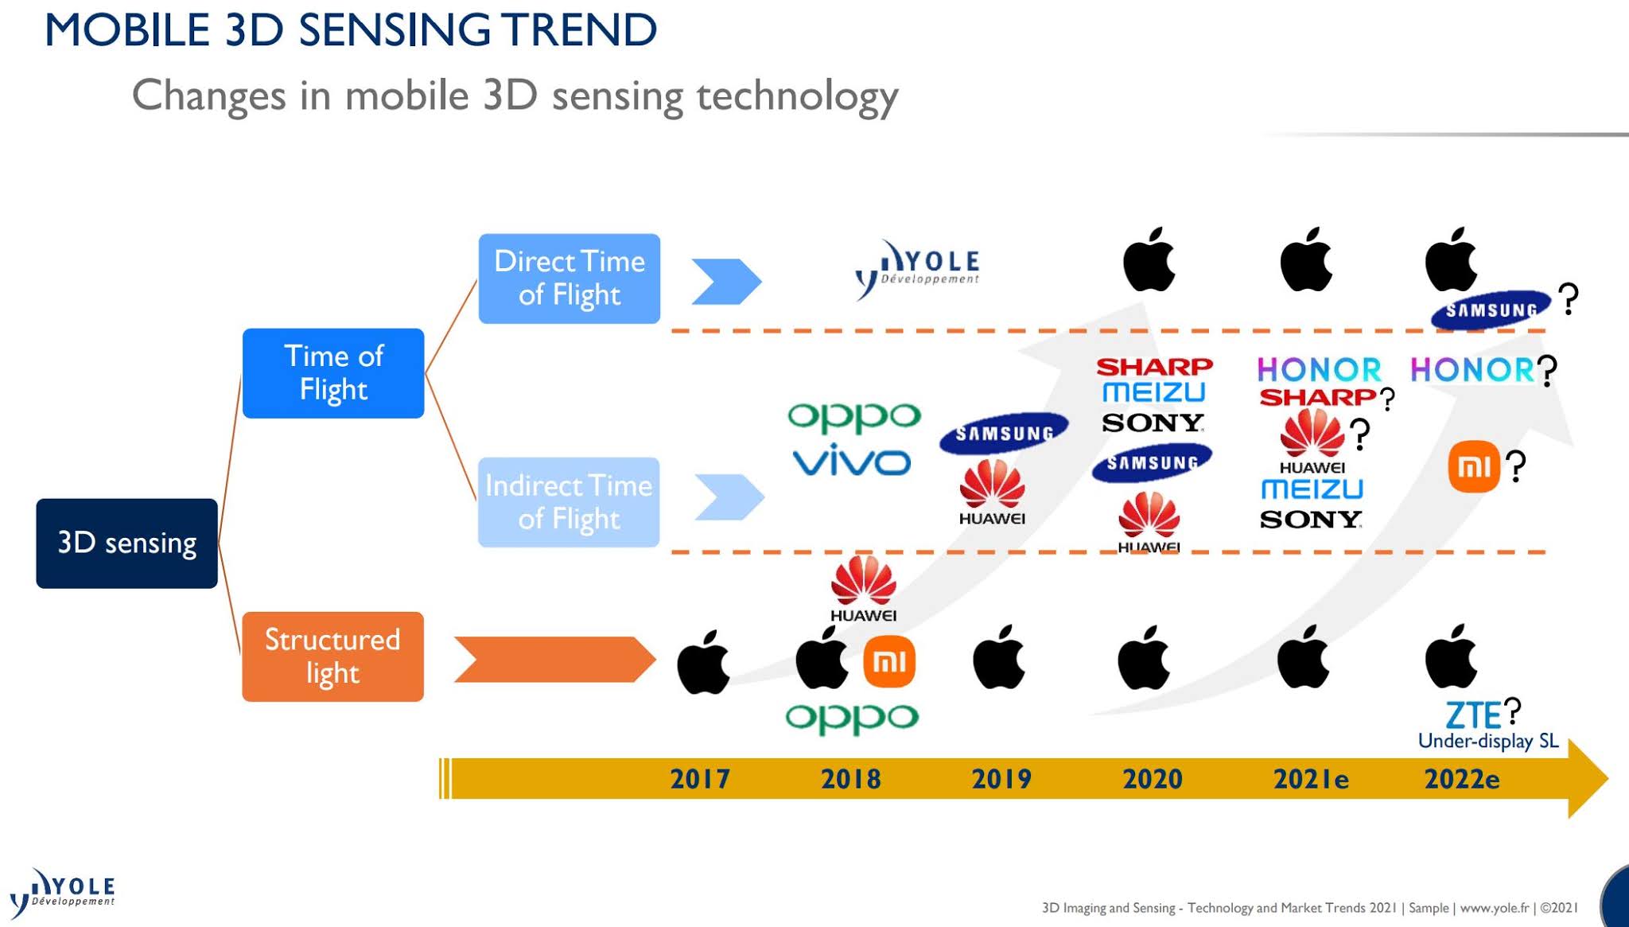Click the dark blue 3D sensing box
click(x=126, y=543)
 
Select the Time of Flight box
click(x=333, y=373)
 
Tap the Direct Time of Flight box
click(x=570, y=278)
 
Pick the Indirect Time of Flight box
click(x=569, y=502)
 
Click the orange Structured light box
click(x=332, y=656)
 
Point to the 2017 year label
click(x=700, y=778)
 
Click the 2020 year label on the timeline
click(x=1153, y=778)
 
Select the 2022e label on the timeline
click(x=1462, y=778)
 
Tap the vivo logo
click(x=852, y=461)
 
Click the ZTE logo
click(x=1473, y=715)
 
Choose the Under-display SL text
click(x=1488, y=741)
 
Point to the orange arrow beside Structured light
click(x=554, y=659)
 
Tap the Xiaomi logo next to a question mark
click(x=1474, y=466)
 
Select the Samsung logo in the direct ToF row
click(x=1491, y=310)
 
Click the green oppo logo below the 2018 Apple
click(x=852, y=717)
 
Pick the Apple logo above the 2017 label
click(x=703, y=662)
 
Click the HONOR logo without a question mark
click(x=1320, y=370)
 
